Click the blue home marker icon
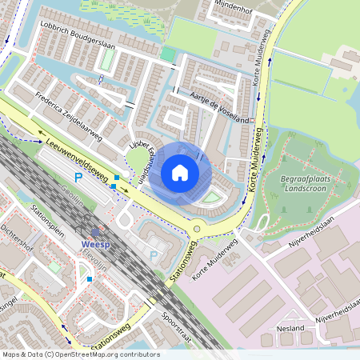(x=180, y=172)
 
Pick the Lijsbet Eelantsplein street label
(x=137, y=160)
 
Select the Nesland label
(x=289, y=328)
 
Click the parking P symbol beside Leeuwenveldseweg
(x=78, y=178)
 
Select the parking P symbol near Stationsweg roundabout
(x=154, y=256)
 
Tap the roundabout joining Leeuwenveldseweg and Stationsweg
(x=196, y=229)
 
